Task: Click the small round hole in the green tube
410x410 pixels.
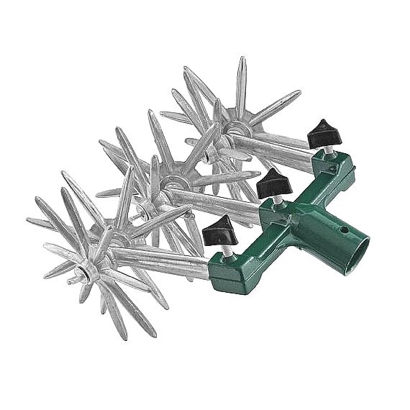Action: click(345, 232)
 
